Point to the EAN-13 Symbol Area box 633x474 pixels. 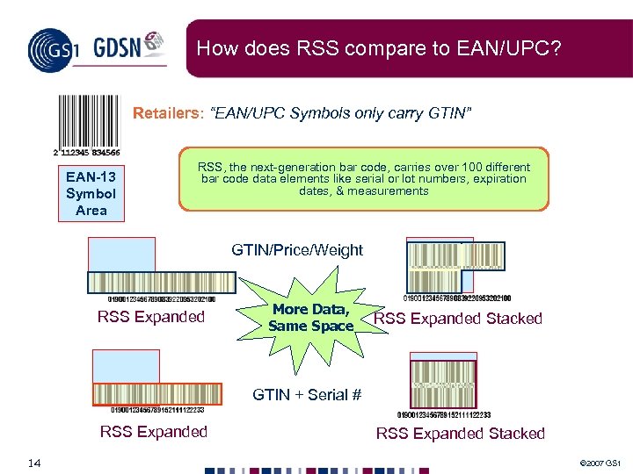click(91, 194)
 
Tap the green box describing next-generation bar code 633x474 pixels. click(363, 180)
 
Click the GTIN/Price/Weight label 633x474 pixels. click(297, 250)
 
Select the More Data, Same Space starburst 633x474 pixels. click(311, 317)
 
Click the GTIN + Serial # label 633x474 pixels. click(307, 395)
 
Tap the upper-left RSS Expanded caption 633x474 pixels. click(150, 317)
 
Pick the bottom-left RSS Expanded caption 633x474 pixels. click(154, 431)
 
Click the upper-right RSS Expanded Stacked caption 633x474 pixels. click(458, 319)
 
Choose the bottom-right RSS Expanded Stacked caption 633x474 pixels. click(461, 434)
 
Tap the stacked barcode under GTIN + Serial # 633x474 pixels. click(444, 386)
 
